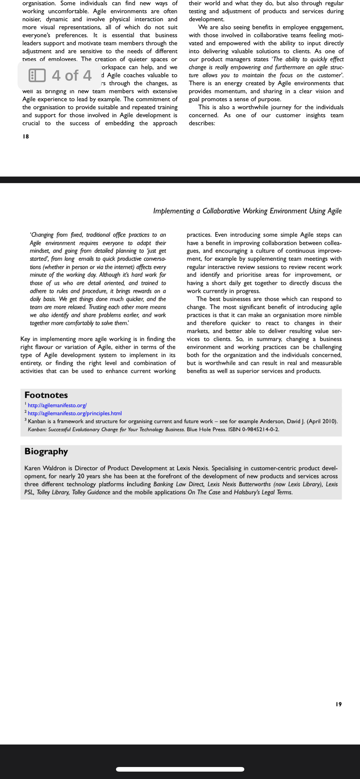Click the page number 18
[x=26, y=136]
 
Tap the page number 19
[x=338, y=704]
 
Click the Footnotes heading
[x=46, y=395]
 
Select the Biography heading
[x=46, y=451]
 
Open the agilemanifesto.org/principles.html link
[x=75, y=413]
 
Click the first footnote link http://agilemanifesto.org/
[x=57, y=405]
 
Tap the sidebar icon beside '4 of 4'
[x=37, y=75]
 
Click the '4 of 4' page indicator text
[x=72, y=75]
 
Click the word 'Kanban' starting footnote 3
[x=37, y=421]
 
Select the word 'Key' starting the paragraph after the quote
[x=25, y=339]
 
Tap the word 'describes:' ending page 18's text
[x=202, y=123]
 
